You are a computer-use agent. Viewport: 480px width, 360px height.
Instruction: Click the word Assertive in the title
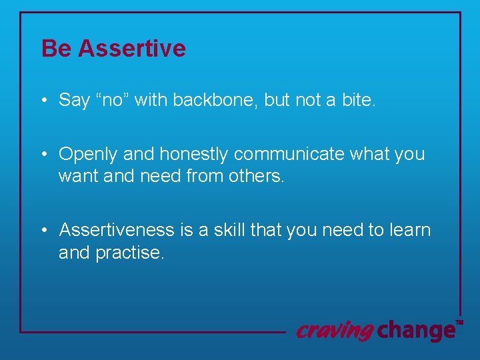131,49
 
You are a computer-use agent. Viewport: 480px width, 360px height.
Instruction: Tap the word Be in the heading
56,49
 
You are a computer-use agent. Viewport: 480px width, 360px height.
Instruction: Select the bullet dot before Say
43,101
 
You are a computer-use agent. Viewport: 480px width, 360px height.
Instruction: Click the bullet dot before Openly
43,154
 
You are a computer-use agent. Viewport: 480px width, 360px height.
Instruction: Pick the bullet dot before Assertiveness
43,230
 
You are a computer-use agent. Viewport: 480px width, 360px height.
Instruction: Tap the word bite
358,100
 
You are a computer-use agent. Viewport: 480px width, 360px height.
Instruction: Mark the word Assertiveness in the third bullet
117,230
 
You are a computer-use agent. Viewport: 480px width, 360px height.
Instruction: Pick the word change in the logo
416,329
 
